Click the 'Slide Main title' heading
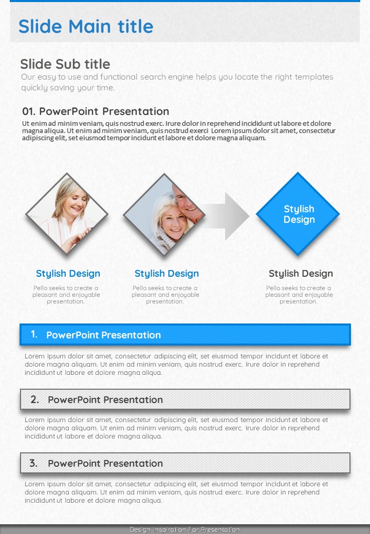[x=86, y=26]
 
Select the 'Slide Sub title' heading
[x=65, y=64]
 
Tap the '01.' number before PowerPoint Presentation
[x=29, y=111]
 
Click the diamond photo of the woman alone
[x=67, y=214]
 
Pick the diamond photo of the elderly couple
[x=164, y=215]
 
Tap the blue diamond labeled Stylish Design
[x=298, y=214]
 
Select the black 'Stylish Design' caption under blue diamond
[x=301, y=274]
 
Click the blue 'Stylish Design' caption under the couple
[x=166, y=274]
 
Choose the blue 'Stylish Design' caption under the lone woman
[x=68, y=274]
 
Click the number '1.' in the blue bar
[x=34, y=334]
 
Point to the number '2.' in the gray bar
[x=35, y=399]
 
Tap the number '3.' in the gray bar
[x=33, y=463]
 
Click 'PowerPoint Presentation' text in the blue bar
[x=104, y=335]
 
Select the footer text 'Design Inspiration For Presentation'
[x=184, y=529]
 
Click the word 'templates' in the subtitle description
[x=314, y=77]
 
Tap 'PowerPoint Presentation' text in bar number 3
[x=105, y=464]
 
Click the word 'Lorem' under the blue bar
[x=34, y=356]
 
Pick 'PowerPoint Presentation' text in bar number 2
[x=105, y=400]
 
